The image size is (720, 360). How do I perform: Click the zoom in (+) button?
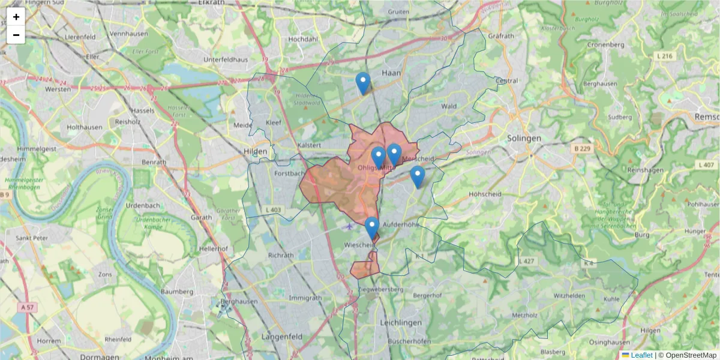[x=16, y=17]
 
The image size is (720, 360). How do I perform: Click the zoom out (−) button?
[x=16, y=35]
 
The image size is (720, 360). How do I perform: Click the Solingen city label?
[x=524, y=138]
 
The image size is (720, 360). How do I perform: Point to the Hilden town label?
[x=254, y=151]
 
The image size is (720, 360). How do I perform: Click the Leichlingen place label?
[x=401, y=322]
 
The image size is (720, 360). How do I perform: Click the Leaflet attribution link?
[x=641, y=355]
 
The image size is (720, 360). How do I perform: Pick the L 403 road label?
[x=272, y=209]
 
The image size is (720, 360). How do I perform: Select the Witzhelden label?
[x=569, y=296]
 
